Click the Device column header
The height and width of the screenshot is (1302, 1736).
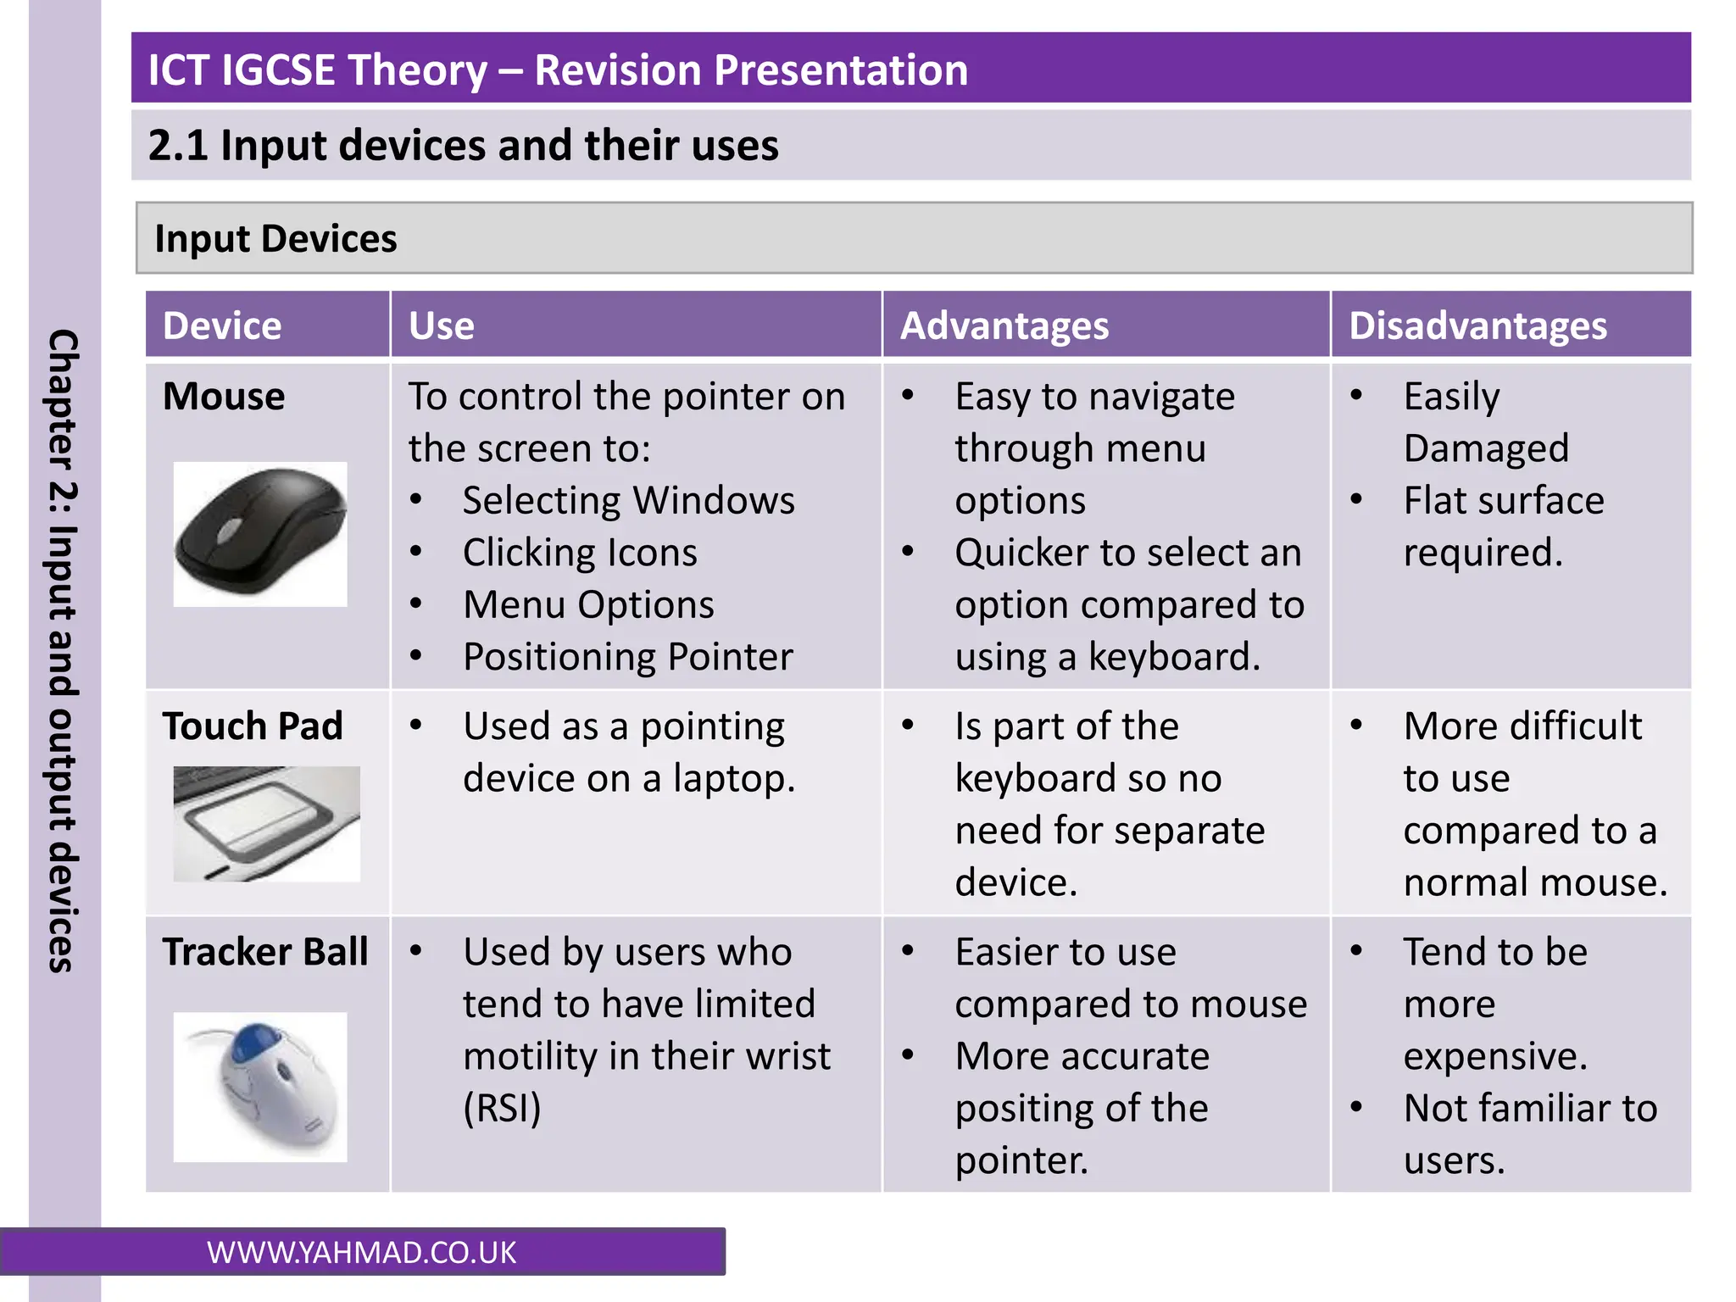coord(221,326)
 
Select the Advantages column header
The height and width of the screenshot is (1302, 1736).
coord(1004,326)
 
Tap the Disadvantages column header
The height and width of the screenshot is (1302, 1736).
coord(1477,326)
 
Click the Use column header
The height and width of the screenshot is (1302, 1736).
coord(441,326)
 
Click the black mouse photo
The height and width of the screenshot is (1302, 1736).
coord(260,534)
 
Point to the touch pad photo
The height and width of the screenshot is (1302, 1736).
coord(266,823)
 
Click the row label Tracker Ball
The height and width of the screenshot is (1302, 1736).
coord(264,952)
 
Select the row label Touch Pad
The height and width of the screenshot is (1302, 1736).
coord(253,726)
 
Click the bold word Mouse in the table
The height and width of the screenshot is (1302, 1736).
coord(224,397)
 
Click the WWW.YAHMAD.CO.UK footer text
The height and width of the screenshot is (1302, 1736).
coord(361,1253)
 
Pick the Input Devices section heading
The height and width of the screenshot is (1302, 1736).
coord(275,239)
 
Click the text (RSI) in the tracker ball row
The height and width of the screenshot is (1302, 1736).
coord(502,1109)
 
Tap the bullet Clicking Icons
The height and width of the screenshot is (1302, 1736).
coord(580,553)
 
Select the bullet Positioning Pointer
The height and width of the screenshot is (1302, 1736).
coord(627,657)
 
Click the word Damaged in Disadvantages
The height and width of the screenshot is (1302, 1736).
coord(1485,448)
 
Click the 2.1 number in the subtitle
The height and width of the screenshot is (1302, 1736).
coord(178,145)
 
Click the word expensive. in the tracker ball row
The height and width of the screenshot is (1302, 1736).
coord(1494,1056)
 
